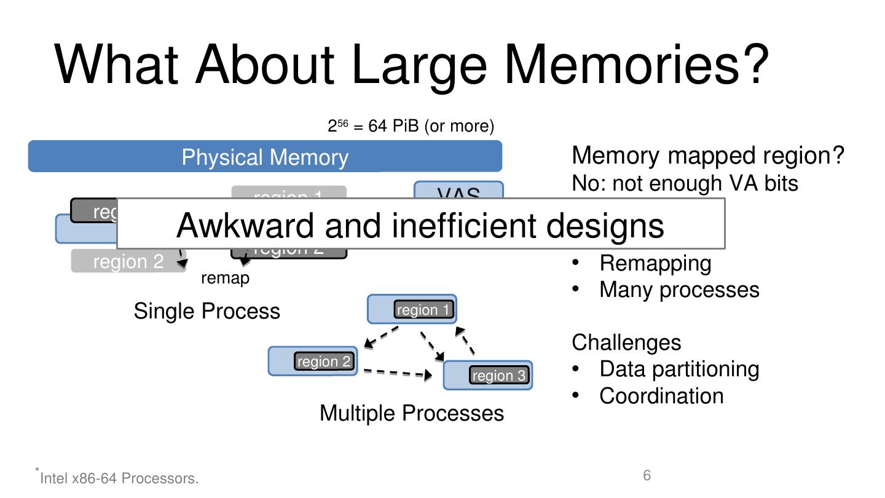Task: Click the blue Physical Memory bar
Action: pos(265,156)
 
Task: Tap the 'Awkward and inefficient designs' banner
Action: pos(420,224)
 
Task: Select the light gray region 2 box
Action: pos(128,262)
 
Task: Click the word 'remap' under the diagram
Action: pos(226,279)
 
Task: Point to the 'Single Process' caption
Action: pos(206,311)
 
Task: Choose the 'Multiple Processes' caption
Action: pos(412,413)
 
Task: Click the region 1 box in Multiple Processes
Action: pos(424,310)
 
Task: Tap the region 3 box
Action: pos(499,376)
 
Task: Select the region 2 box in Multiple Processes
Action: pos(324,362)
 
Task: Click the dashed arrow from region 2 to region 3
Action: pos(396,373)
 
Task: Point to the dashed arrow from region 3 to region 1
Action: pos(465,341)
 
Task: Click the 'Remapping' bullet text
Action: pos(655,263)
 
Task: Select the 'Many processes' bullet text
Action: pos(679,290)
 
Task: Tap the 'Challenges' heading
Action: pos(626,342)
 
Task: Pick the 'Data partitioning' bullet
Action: pos(679,369)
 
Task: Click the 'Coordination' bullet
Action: pos(661,396)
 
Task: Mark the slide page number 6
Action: pos(647,475)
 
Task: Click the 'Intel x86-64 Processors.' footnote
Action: pos(119,478)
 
